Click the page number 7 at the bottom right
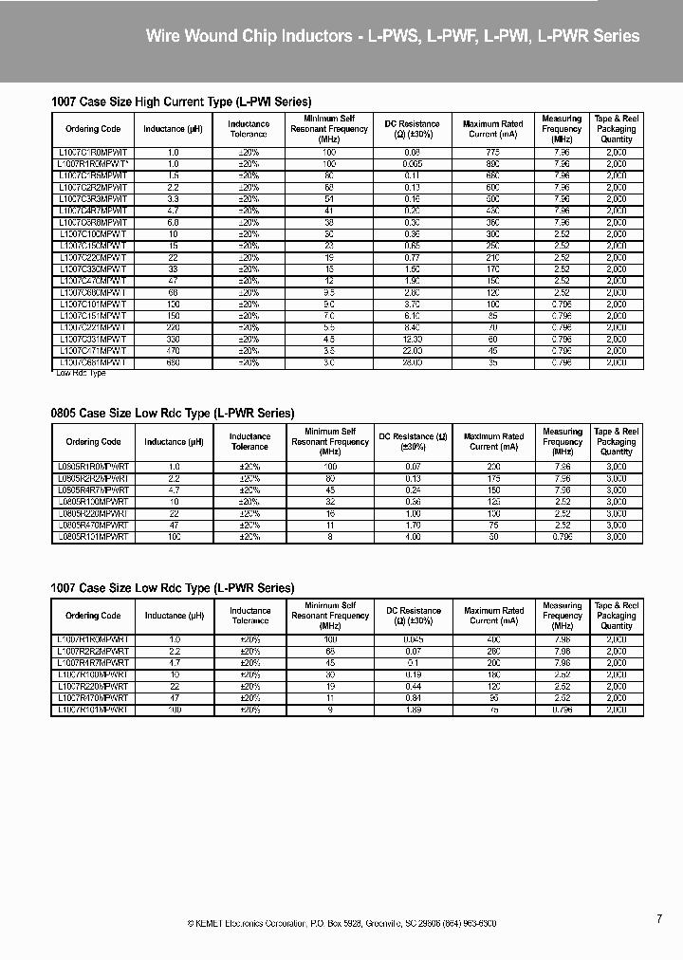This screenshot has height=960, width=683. [659, 918]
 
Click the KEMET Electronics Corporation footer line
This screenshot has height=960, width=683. [341, 923]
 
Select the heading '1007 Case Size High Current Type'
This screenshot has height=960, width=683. [180, 101]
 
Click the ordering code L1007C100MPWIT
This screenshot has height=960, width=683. [92, 233]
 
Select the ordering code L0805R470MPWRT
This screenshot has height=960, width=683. [93, 525]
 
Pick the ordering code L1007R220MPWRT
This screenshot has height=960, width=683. [93, 687]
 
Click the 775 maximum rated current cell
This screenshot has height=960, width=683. [492, 152]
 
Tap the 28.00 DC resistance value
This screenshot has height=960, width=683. [412, 362]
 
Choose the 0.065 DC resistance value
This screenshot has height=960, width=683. [412, 163]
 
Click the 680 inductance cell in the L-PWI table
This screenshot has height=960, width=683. [174, 362]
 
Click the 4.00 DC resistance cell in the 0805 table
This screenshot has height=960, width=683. [412, 537]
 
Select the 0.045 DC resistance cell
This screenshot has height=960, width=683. [412, 640]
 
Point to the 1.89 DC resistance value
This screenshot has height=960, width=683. [412, 710]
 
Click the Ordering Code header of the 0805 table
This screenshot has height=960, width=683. [93, 442]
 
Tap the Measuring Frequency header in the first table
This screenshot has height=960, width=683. [562, 129]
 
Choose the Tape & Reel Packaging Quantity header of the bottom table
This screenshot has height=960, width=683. [616, 616]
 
